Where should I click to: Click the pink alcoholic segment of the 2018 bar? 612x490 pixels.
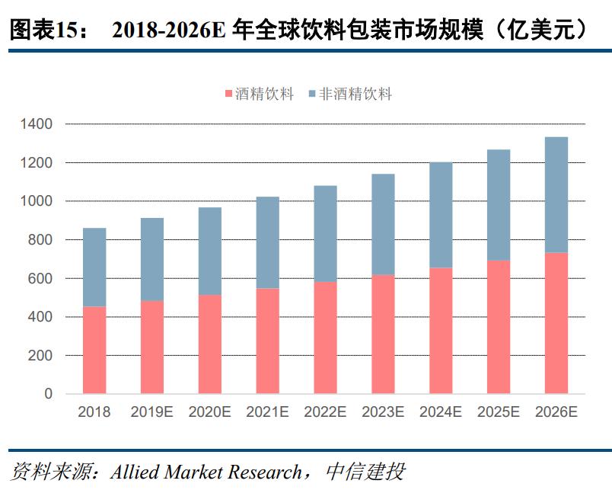pos(94,350)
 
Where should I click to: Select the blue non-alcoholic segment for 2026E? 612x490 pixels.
pos(556,194)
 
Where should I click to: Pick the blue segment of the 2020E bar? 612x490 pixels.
pos(210,251)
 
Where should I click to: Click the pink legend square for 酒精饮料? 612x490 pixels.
pos(228,94)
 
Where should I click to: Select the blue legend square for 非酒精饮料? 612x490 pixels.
pos(312,94)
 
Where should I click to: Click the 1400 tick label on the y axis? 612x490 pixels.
pos(37,124)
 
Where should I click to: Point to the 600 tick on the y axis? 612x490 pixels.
pos(43,279)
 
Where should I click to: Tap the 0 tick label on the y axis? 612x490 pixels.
pos(49,395)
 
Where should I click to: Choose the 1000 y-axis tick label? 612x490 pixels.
pos(37,201)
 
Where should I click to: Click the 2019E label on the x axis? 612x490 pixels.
pos(152,412)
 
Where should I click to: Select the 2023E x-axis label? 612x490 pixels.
pos(383,412)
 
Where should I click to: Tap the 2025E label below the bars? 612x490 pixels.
pos(499,412)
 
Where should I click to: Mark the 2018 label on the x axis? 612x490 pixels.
pos(94,412)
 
